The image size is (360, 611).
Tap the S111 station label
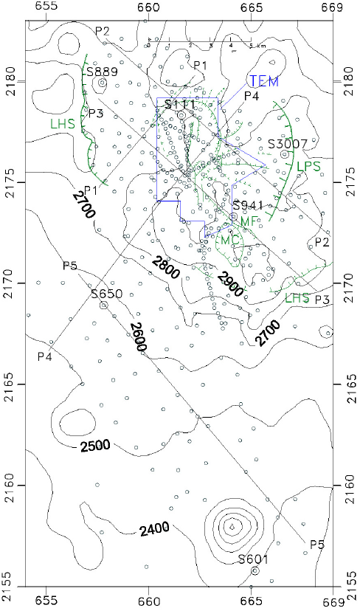pyautogui.click(x=180, y=105)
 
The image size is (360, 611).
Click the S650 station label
pyautogui.click(x=105, y=294)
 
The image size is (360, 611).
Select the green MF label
pyautogui.click(x=251, y=221)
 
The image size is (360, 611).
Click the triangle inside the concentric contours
pyautogui.click(x=232, y=526)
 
